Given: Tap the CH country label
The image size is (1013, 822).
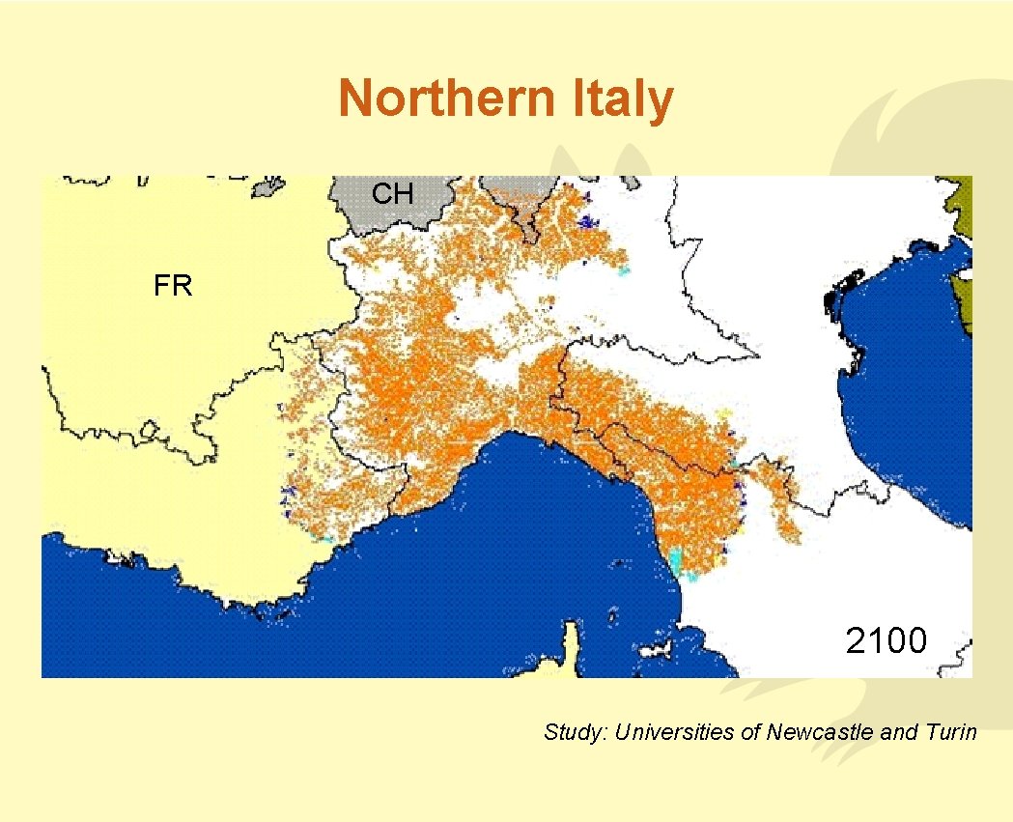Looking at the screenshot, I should click(x=393, y=194).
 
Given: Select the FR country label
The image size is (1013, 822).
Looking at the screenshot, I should click(x=173, y=286).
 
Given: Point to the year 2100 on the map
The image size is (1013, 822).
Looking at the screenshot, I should click(x=886, y=639).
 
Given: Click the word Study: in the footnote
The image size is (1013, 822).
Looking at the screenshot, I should click(x=575, y=732).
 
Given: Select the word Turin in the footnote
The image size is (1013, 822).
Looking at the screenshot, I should click(x=953, y=732).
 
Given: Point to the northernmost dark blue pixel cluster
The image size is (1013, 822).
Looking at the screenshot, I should click(x=584, y=223).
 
